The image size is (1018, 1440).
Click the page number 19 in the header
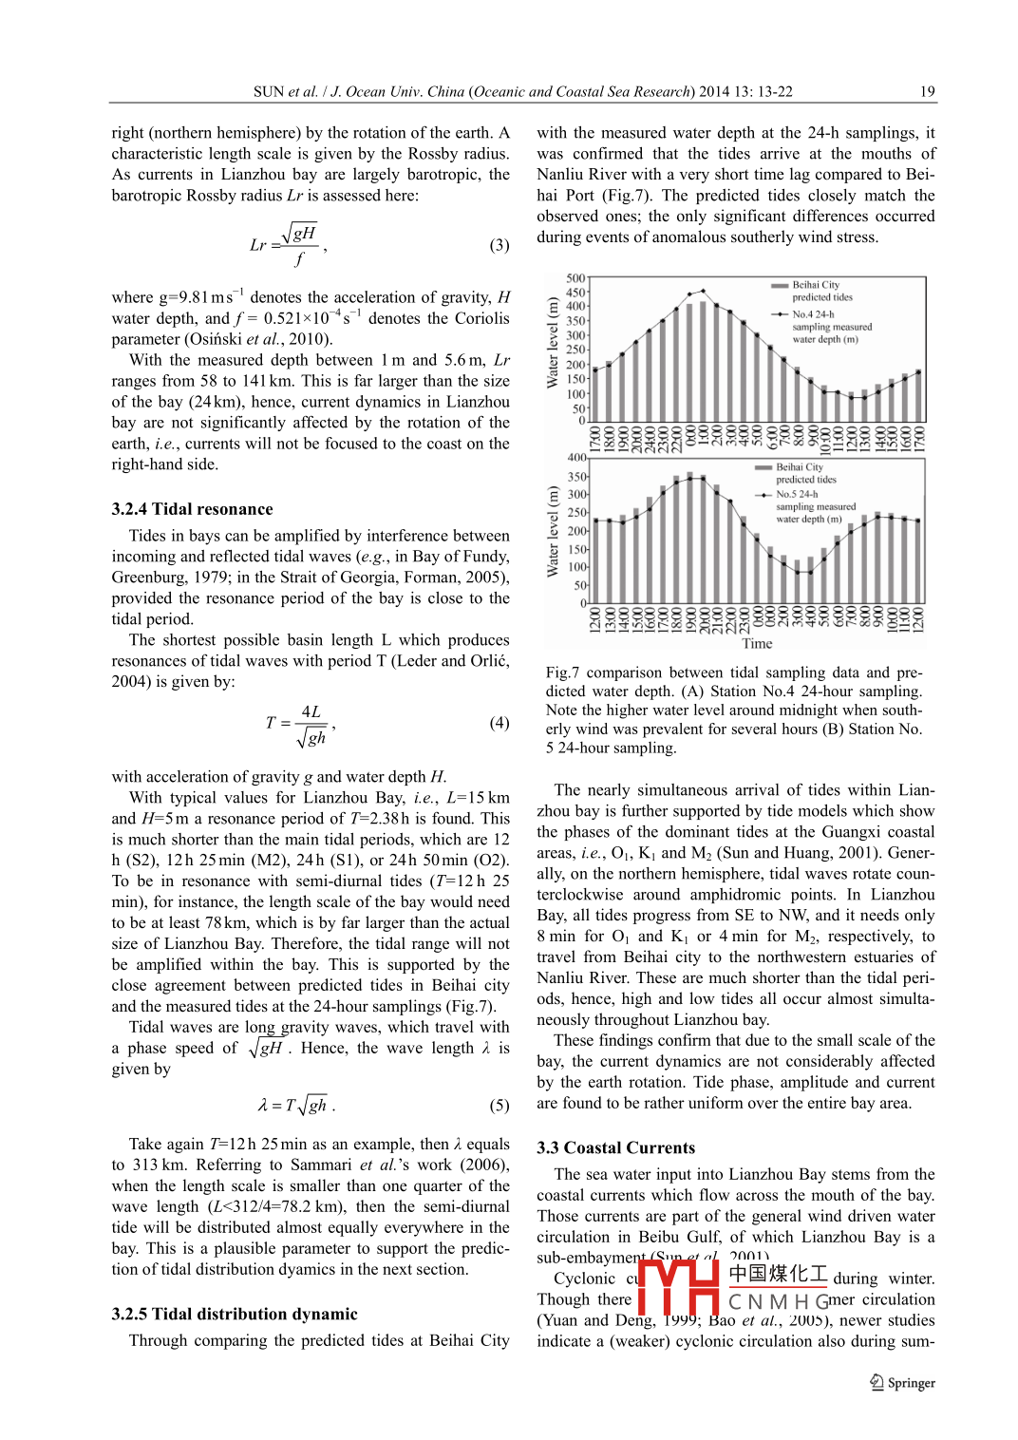(928, 92)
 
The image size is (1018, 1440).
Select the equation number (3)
(500, 245)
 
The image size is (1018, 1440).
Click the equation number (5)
(500, 1106)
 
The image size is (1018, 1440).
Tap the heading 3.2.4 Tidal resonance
(192, 509)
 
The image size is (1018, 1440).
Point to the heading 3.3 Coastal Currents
(615, 1147)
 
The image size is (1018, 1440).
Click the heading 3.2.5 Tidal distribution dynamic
(235, 1314)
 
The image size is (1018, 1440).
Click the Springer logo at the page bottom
(902, 1383)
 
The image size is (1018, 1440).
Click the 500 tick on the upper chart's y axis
(575, 278)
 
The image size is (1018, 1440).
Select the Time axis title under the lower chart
(757, 644)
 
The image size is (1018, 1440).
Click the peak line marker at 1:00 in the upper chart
(703, 291)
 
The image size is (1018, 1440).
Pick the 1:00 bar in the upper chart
(703, 361)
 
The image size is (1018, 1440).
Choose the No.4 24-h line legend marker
(780, 314)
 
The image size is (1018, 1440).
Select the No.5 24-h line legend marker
(763, 495)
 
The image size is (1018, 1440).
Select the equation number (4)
(500, 723)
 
